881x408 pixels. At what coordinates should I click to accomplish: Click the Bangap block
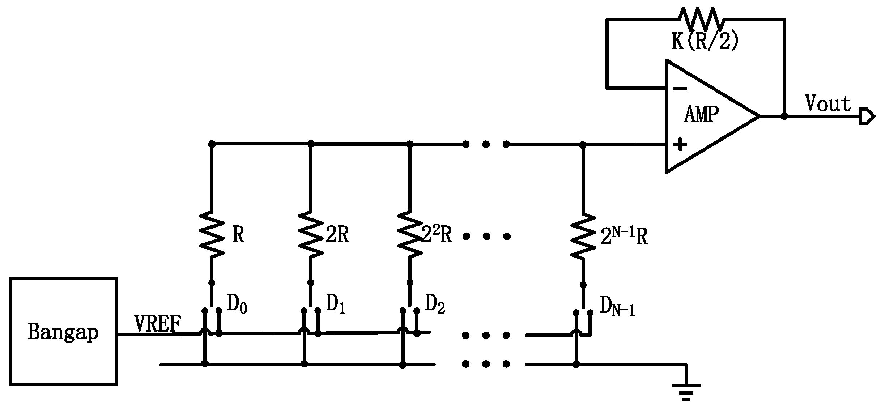[x=63, y=331]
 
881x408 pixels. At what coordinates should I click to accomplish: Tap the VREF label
[x=157, y=323]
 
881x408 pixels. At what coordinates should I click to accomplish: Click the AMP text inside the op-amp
[x=701, y=115]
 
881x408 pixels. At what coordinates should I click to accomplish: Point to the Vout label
[x=827, y=104]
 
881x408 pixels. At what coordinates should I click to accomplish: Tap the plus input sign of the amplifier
[x=680, y=145]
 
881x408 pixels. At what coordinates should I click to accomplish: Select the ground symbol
[x=686, y=392]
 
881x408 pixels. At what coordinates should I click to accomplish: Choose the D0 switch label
[x=237, y=304]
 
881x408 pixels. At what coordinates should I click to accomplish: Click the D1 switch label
[x=336, y=304]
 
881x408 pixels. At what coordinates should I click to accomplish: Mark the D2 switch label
[x=435, y=304]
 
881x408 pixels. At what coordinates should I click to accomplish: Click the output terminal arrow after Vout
[x=867, y=116]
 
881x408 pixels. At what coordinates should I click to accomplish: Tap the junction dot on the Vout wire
[x=784, y=116]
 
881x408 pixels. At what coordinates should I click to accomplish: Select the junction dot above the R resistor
[x=212, y=144]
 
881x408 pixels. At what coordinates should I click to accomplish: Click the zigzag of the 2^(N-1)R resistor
[x=583, y=236]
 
